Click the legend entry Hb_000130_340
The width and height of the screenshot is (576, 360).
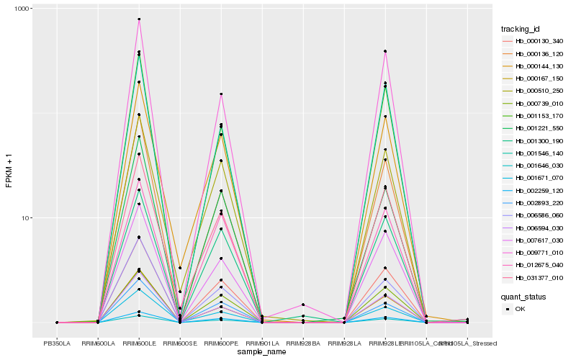[x=539, y=41]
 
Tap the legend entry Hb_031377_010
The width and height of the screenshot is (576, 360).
[x=539, y=277]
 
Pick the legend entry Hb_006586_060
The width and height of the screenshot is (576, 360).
[x=539, y=215]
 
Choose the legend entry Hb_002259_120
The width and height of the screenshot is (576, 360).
[x=539, y=190]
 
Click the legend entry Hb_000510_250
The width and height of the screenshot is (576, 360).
[x=539, y=91]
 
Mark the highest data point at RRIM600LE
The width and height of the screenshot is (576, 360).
[x=139, y=19]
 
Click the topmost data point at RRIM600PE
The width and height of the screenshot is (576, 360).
[x=221, y=94]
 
